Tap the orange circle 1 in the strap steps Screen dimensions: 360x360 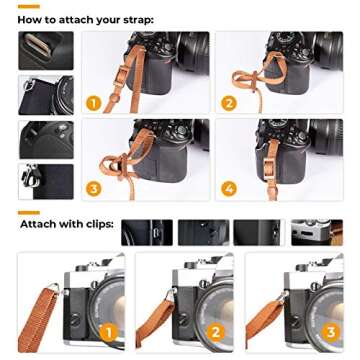[94, 103]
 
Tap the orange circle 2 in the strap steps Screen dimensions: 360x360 [229, 103]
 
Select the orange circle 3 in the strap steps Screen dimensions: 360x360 [94, 187]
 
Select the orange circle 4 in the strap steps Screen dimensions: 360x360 [229, 187]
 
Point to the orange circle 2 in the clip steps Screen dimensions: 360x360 [215, 331]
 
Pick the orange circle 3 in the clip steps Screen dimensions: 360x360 [324, 331]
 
